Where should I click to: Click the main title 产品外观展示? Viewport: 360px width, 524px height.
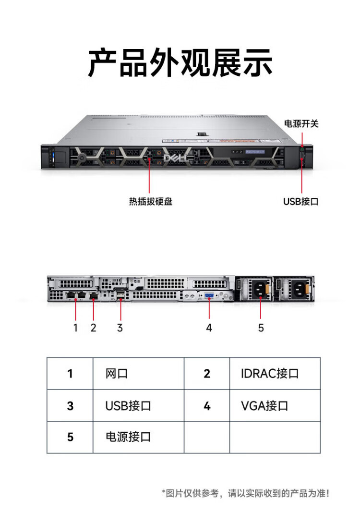pyautogui.click(x=180, y=63)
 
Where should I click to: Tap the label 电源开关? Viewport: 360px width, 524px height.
pyautogui.click(x=301, y=123)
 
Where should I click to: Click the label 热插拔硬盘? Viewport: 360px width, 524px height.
pyautogui.click(x=150, y=202)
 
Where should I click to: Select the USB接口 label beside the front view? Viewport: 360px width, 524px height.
pyautogui.click(x=300, y=202)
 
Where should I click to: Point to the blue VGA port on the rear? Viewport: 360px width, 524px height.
pyautogui.click(x=210, y=296)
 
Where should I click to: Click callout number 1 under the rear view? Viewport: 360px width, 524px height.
pyautogui.click(x=75, y=328)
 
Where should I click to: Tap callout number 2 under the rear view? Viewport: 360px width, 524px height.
pyautogui.click(x=93, y=328)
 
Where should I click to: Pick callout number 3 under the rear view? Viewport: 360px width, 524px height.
pyautogui.click(x=120, y=328)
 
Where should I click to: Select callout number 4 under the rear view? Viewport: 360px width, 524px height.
pyautogui.click(x=209, y=328)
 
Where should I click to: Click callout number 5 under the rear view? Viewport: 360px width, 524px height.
pyautogui.click(x=261, y=328)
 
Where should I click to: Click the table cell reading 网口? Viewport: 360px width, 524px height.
pyautogui.click(x=117, y=373)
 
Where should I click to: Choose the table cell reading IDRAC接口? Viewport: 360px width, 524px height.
pyautogui.click(x=270, y=373)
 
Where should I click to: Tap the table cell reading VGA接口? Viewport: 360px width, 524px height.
pyautogui.click(x=264, y=405)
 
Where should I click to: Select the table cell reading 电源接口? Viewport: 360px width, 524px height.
pyautogui.click(x=128, y=437)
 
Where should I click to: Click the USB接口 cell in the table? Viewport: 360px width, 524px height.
pyautogui.click(x=128, y=405)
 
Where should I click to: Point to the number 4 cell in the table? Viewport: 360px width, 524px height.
pyautogui.click(x=207, y=405)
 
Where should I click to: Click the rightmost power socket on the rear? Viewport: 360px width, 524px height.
pyautogui.click(x=299, y=289)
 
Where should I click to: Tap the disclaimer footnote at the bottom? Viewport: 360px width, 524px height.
pyautogui.click(x=246, y=493)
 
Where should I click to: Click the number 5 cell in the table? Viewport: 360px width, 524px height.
pyautogui.click(x=70, y=437)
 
